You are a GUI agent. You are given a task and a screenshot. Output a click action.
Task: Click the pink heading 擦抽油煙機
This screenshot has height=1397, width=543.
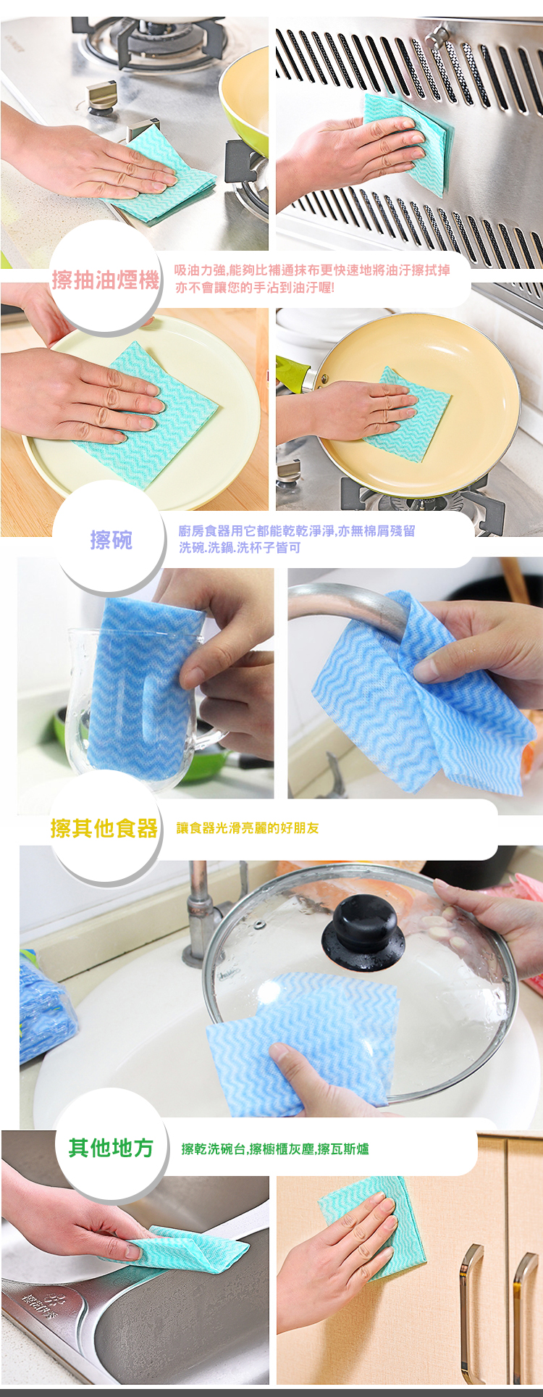(x=105, y=280)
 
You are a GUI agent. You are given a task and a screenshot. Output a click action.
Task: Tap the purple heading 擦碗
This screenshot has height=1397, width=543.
(x=111, y=540)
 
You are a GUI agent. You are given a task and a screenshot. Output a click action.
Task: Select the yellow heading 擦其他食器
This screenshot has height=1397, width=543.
(x=104, y=828)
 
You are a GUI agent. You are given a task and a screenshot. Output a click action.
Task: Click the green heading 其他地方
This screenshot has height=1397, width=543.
(x=111, y=1148)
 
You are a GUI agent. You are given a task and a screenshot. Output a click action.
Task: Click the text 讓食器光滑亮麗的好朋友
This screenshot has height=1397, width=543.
(x=248, y=828)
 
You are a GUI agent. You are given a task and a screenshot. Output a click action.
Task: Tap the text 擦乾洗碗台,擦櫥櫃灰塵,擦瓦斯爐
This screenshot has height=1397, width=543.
(x=275, y=1149)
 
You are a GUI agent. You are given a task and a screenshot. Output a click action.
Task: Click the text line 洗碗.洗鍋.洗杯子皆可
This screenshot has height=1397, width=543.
(x=240, y=548)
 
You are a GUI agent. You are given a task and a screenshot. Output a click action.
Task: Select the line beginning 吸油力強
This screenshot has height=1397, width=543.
(x=312, y=270)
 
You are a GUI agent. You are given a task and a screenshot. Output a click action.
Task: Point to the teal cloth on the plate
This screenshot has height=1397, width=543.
(x=148, y=417)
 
